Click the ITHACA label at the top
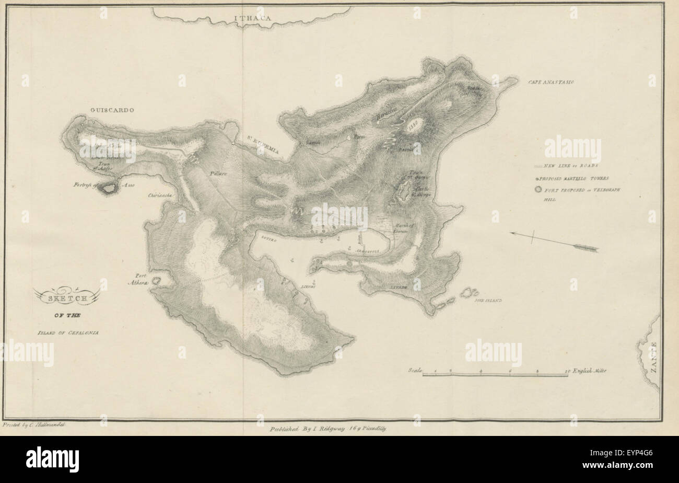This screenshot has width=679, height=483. point(252,19)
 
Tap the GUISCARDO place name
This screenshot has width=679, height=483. point(112,110)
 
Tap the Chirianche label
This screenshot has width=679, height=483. point(160,195)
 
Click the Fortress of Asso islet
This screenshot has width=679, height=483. point(109,188)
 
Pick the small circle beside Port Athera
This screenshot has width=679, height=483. point(156,281)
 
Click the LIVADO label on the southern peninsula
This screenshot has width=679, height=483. point(399,287)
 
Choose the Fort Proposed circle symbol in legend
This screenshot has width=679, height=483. point(538,190)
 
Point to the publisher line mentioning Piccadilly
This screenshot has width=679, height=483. point(328,428)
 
